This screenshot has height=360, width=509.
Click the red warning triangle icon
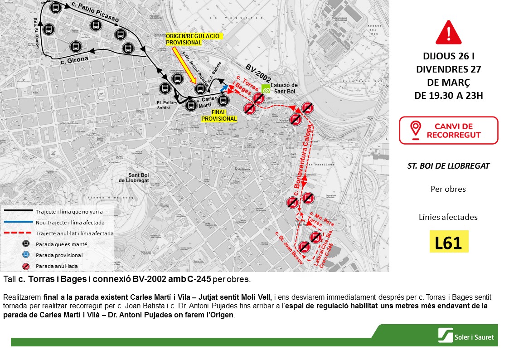[x=448, y=33]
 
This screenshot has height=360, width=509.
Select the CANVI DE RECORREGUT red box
[x=448, y=131]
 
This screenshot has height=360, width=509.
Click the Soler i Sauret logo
[x=466, y=336]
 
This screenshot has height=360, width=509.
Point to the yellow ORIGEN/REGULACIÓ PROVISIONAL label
[x=193, y=39]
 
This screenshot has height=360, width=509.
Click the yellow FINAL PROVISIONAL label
[x=219, y=115]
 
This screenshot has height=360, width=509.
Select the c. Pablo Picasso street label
[x=95, y=13]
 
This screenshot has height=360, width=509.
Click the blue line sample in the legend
[x=19, y=222]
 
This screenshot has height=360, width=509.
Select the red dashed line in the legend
[x=19, y=233]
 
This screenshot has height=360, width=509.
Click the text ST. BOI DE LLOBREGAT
[x=448, y=166]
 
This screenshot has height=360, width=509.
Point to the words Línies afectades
[x=448, y=217]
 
